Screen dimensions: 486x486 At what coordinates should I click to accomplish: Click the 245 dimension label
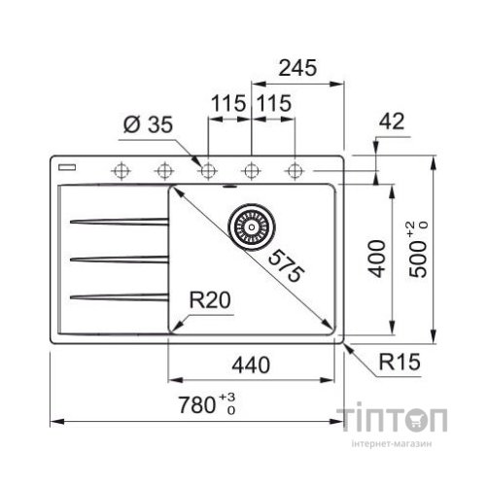(x=297, y=68)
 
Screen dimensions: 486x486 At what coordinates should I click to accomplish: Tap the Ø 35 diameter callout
(x=149, y=124)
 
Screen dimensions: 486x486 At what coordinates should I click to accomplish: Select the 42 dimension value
(x=392, y=121)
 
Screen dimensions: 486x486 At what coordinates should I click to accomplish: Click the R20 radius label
(x=210, y=299)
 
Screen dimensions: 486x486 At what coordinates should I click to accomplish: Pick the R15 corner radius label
(x=399, y=362)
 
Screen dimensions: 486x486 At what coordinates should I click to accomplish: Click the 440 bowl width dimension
(x=251, y=364)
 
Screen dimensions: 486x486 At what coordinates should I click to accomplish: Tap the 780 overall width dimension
(x=207, y=404)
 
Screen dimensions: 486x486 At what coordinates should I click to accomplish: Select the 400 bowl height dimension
(x=378, y=259)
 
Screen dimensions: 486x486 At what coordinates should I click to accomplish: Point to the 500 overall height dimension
(x=418, y=250)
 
